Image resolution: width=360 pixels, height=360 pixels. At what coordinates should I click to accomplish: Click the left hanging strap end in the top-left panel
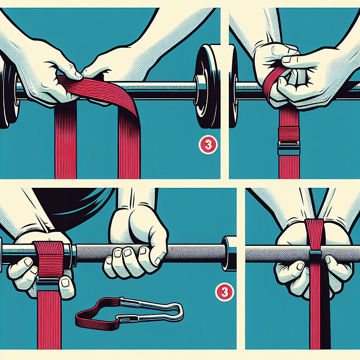coord(65,146)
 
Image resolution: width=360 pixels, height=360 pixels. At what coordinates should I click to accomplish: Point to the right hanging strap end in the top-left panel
coord(129,146)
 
